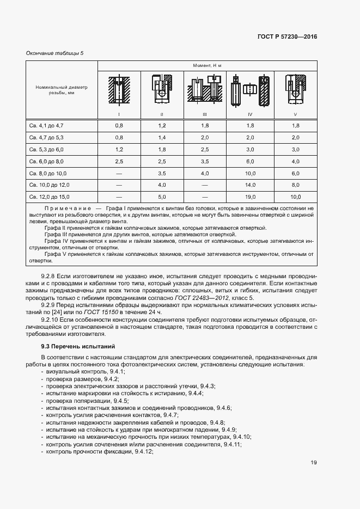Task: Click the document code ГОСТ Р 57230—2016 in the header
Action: [286, 36]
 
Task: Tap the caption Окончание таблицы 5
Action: [55, 53]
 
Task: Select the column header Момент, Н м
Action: [207, 65]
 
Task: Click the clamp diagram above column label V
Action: [295, 89]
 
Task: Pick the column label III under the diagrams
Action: [205, 114]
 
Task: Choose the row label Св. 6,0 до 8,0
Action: [46, 161]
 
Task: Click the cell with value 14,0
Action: [250, 185]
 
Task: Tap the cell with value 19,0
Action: [250, 197]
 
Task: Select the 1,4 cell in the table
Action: [162, 138]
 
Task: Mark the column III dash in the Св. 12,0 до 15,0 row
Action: [205, 197]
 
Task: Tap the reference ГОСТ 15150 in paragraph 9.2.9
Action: [93, 312]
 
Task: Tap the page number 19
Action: [314, 463]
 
